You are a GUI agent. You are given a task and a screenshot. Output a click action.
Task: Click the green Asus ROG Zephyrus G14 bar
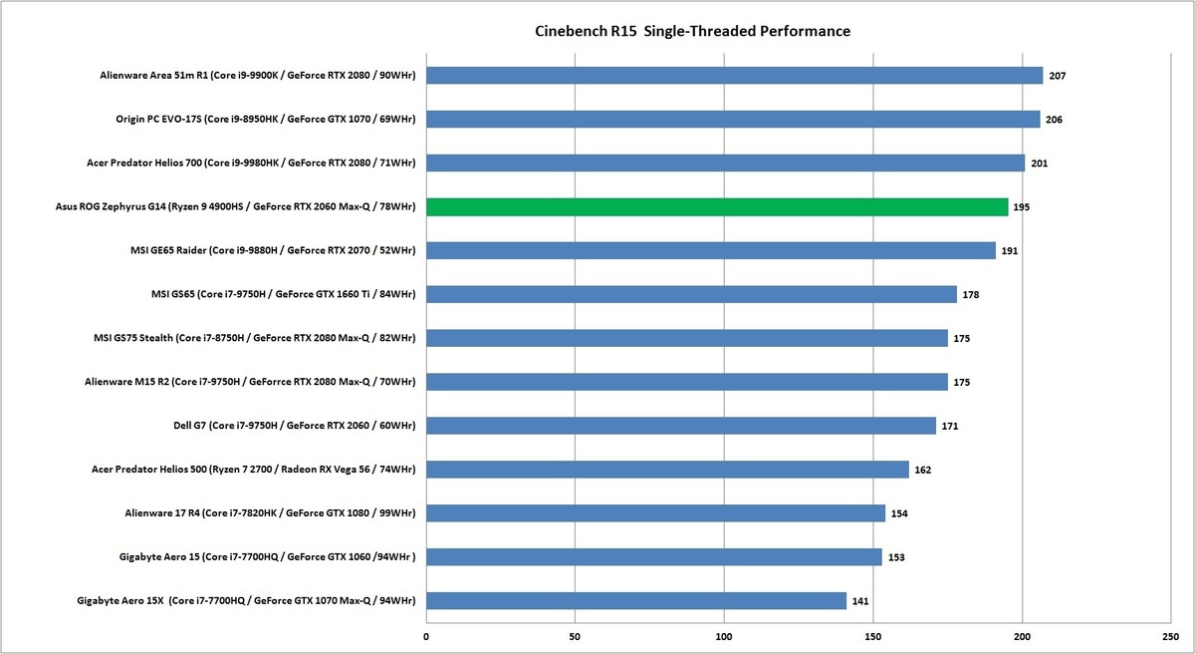pos(717,207)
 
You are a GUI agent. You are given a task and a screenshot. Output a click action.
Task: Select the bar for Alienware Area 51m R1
pos(734,76)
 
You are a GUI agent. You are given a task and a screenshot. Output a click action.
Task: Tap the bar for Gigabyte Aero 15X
pos(636,601)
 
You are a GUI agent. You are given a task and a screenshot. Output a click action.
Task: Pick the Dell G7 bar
pos(681,426)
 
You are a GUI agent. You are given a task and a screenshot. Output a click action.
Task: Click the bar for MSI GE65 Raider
pos(711,251)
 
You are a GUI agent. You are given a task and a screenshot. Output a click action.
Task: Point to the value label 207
pos(1058,76)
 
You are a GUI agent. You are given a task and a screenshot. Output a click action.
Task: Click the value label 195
pos(1022,207)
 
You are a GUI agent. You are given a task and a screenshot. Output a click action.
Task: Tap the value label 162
pos(923,470)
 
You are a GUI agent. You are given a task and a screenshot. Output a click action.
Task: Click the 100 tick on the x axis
pos(724,634)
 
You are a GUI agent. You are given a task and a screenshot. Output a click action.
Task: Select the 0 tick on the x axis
pos(426,634)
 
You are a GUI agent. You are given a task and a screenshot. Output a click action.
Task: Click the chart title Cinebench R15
pos(692,31)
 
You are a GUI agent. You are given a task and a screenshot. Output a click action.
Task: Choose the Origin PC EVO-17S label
pos(266,120)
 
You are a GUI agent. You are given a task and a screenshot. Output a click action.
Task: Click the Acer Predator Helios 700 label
pos(257,163)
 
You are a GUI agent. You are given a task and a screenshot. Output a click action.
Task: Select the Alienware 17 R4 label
pos(269,513)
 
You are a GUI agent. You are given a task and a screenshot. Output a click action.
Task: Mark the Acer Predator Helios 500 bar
pos(667,470)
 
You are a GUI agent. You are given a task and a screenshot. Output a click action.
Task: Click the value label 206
pos(1056,120)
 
